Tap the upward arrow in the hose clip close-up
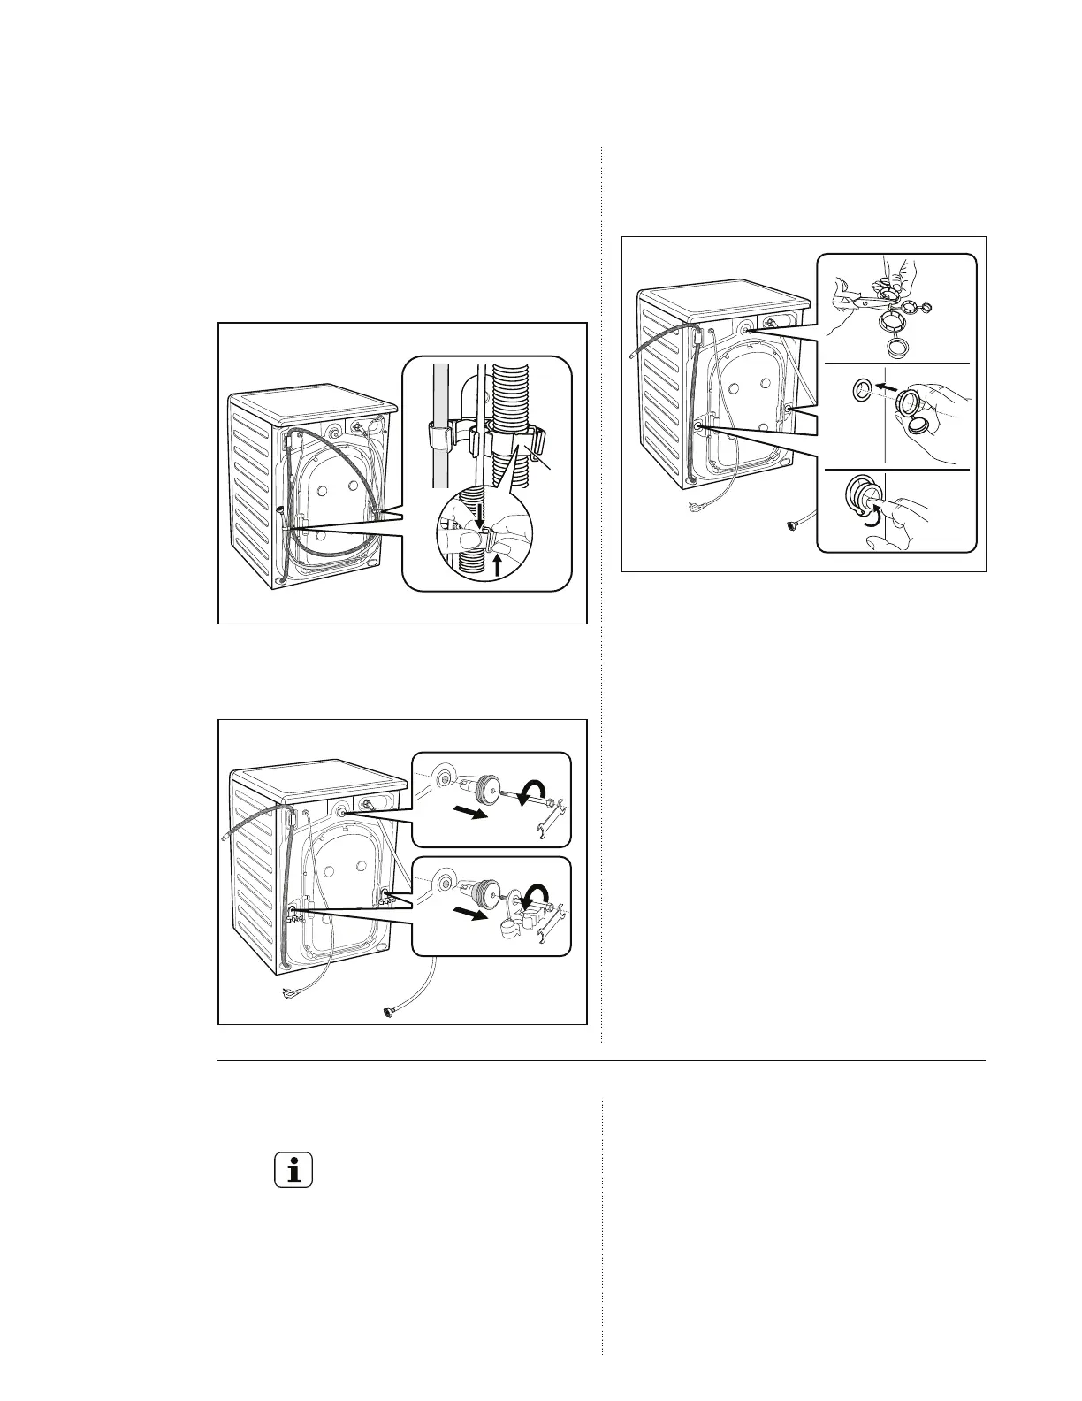coord(499,563)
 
